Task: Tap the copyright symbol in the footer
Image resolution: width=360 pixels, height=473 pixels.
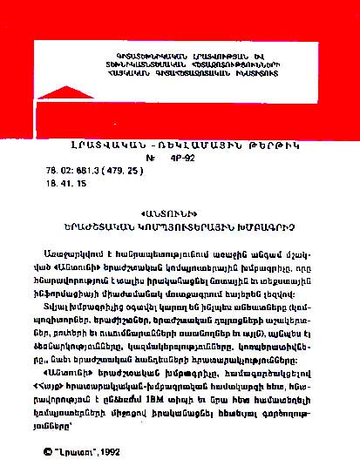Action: click(48, 451)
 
